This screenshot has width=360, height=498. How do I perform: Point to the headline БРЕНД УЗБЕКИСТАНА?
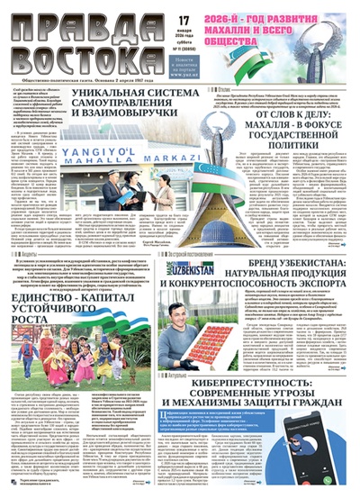pos(280,271)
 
